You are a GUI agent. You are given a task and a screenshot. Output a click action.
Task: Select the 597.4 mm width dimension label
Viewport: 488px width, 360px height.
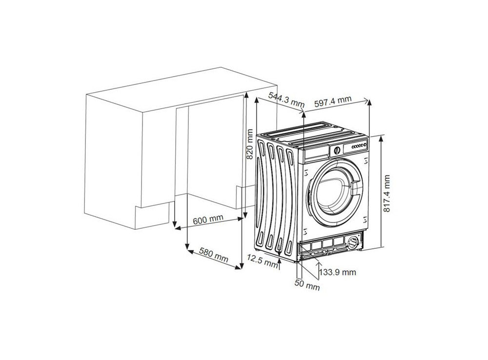click(x=333, y=101)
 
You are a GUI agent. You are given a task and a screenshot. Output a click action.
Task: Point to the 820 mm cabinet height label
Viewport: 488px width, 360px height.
click(x=249, y=144)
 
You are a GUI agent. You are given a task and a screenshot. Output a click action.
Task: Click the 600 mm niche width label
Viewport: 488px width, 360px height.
click(x=208, y=220)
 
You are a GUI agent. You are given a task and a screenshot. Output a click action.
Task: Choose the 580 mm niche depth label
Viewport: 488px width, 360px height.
click(x=214, y=255)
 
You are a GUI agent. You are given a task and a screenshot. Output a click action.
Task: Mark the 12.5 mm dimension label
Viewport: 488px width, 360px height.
click(x=263, y=261)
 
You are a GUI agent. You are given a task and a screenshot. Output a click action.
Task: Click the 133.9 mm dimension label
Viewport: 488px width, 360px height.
click(x=338, y=273)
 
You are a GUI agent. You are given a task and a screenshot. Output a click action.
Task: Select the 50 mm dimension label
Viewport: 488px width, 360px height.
click(x=307, y=285)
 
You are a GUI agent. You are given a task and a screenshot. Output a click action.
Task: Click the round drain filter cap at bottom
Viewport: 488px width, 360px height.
click(x=353, y=242)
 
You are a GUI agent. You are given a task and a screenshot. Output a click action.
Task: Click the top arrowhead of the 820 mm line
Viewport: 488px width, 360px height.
click(x=246, y=94)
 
